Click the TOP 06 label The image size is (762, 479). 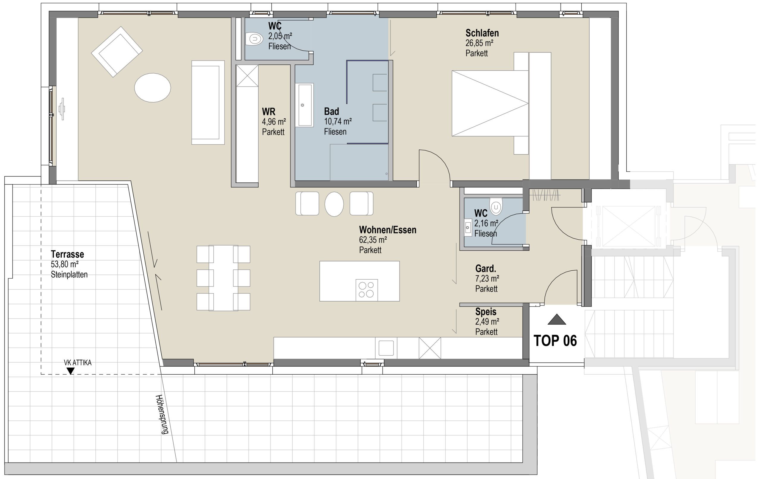(x=555, y=341)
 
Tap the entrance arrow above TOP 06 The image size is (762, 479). (x=557, y=319)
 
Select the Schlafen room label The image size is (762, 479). (x=482, y=33)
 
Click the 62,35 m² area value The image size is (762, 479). (x=373, y=240)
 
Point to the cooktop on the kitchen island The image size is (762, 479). (x=367, y=289)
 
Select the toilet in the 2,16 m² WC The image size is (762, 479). (x=496, y=206)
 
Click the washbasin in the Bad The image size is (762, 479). (x=304, y=105)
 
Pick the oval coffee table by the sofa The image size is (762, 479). (x=152, y=88)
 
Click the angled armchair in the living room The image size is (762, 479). (x=117, y=52)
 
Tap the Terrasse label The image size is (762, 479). (x=67, y=254)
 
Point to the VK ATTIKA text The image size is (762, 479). (x=77, y=363)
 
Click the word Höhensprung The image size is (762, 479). (x=162, y=414)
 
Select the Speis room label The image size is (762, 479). (x=485, y=312)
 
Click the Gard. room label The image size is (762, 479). (x=485, y=269)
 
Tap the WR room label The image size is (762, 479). (x=268, y=111)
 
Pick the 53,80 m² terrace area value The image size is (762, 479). (x=65, y=264)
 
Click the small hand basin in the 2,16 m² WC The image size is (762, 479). (x=468, y=227)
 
